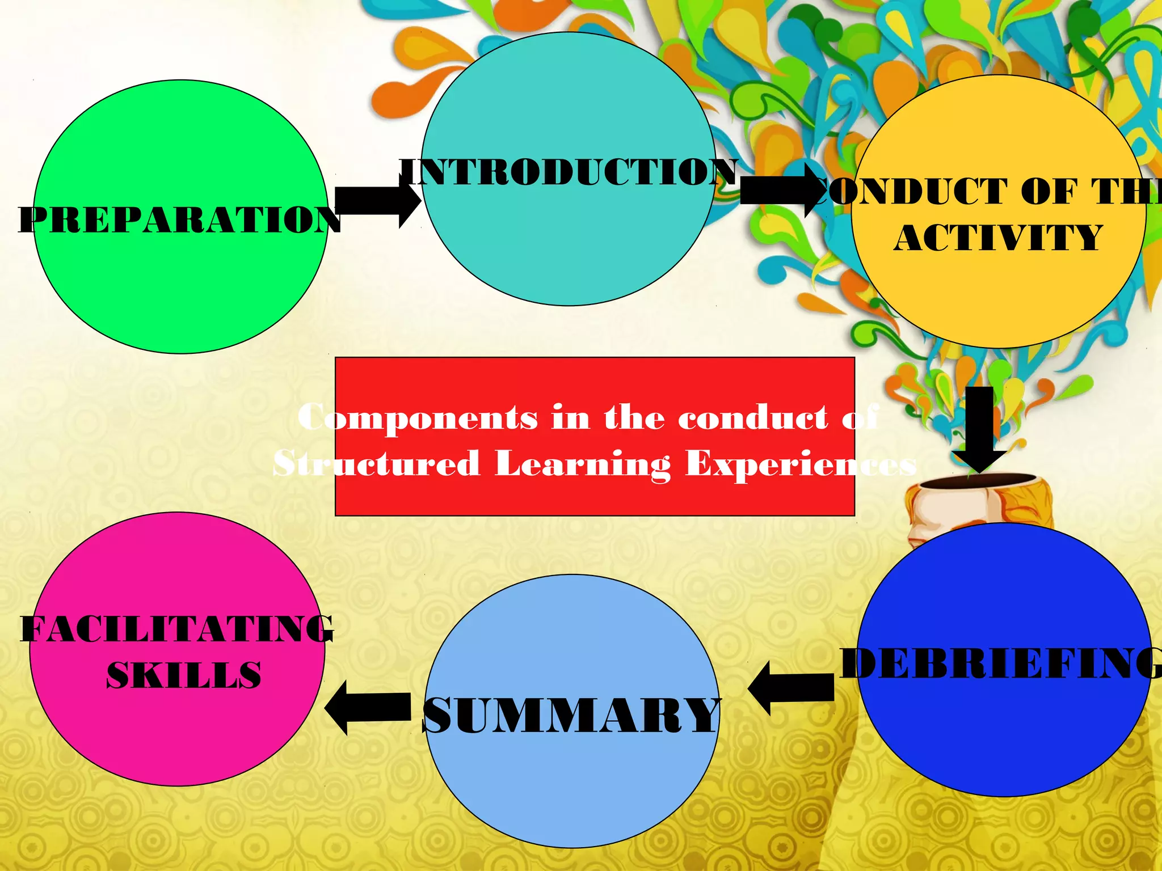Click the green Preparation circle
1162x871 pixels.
(x=180, y=284)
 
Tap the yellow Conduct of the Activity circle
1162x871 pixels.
(x=999, y=295)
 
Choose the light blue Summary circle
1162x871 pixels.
(x=572, y=783)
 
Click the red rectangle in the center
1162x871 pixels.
(x=595, y=380)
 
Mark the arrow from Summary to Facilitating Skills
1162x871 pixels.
(x=369, y=708)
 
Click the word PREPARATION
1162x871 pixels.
(x=179, y=220)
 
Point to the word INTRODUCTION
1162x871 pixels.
(x=569, y=172)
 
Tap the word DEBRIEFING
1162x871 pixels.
(x=1002, y=663)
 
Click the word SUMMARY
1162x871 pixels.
(x=572, y=716)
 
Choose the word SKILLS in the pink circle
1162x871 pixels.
(x=184, y=675)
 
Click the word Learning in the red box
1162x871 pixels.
(x=583, y=464)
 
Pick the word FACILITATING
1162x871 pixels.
(x=177, y=629)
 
